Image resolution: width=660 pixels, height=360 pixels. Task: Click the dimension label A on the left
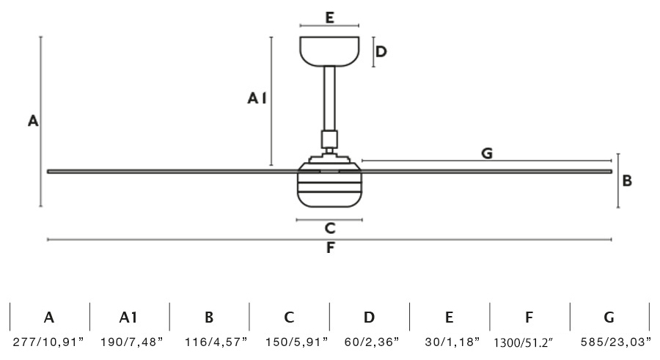[x=32, y=122]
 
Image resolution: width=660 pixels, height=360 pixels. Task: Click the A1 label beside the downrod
[x=256, y=98]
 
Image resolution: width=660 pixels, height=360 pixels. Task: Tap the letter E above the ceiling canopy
[x=330, y=18]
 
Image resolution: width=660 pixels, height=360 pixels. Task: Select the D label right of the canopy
[x=381, y=51]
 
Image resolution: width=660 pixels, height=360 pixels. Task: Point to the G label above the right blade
[x=486, y=153]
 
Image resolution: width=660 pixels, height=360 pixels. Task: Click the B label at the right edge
[x=627, y=180]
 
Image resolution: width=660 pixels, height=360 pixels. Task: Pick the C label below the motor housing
[x=330, y=228]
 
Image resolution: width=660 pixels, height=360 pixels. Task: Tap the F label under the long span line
[x=330, y=248]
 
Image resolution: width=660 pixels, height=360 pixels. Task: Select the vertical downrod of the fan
[x=329, y=99]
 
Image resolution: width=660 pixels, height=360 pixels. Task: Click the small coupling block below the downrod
[x=329, y=138]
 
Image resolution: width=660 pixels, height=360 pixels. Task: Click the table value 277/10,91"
[x=48, y=342]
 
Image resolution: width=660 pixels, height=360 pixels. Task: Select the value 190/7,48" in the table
[x=128, y=342]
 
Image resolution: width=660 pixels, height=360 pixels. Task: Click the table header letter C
[x=289, y=317]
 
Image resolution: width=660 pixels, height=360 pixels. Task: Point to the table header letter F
[x=529, y=317]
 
